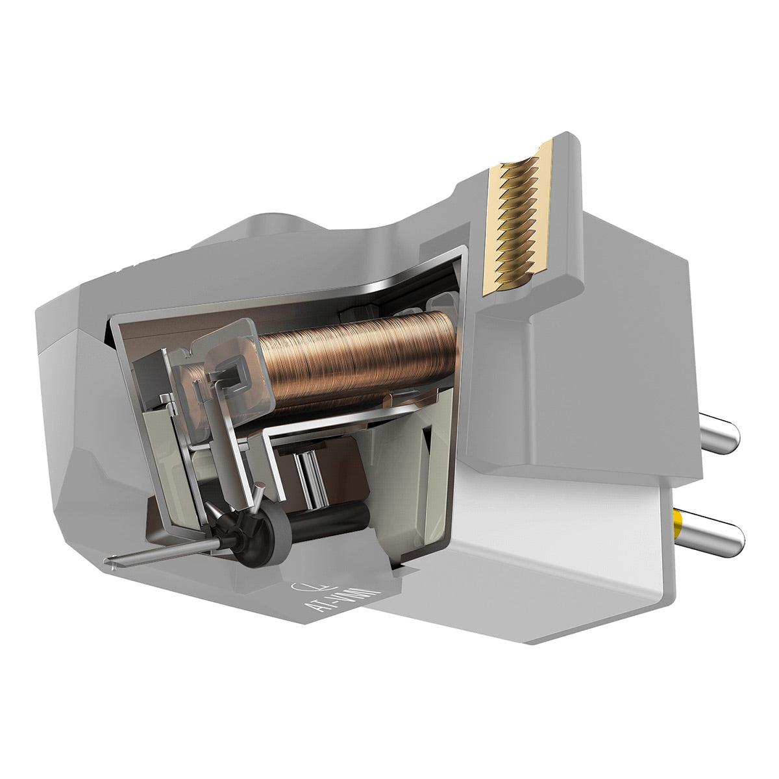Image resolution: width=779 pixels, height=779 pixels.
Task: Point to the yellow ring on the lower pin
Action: pos(679,519)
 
